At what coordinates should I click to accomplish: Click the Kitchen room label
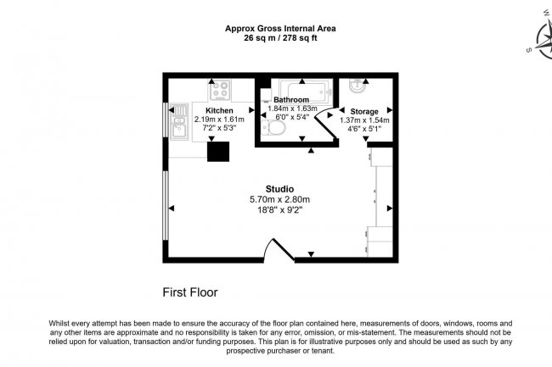(x=219, y=110)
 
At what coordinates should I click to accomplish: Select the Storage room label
(x=364, y=111)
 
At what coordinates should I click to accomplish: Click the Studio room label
(x=279, y=188)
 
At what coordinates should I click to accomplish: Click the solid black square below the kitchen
(x=219, y=151)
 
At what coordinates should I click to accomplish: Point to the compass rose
(x=542, y=34)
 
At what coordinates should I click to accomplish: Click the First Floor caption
(x=190, y=292)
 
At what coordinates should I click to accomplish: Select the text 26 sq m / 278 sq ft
(x=279, y=38)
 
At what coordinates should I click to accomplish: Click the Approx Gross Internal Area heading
(x=279, y=28)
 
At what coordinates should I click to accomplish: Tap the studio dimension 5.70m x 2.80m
(x=279, y=199)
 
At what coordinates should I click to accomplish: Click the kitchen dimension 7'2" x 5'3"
(x=219, y=128)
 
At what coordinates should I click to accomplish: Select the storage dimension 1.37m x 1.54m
(x=364, y=120)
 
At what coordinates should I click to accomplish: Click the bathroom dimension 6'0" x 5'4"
(x=292, y=118)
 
